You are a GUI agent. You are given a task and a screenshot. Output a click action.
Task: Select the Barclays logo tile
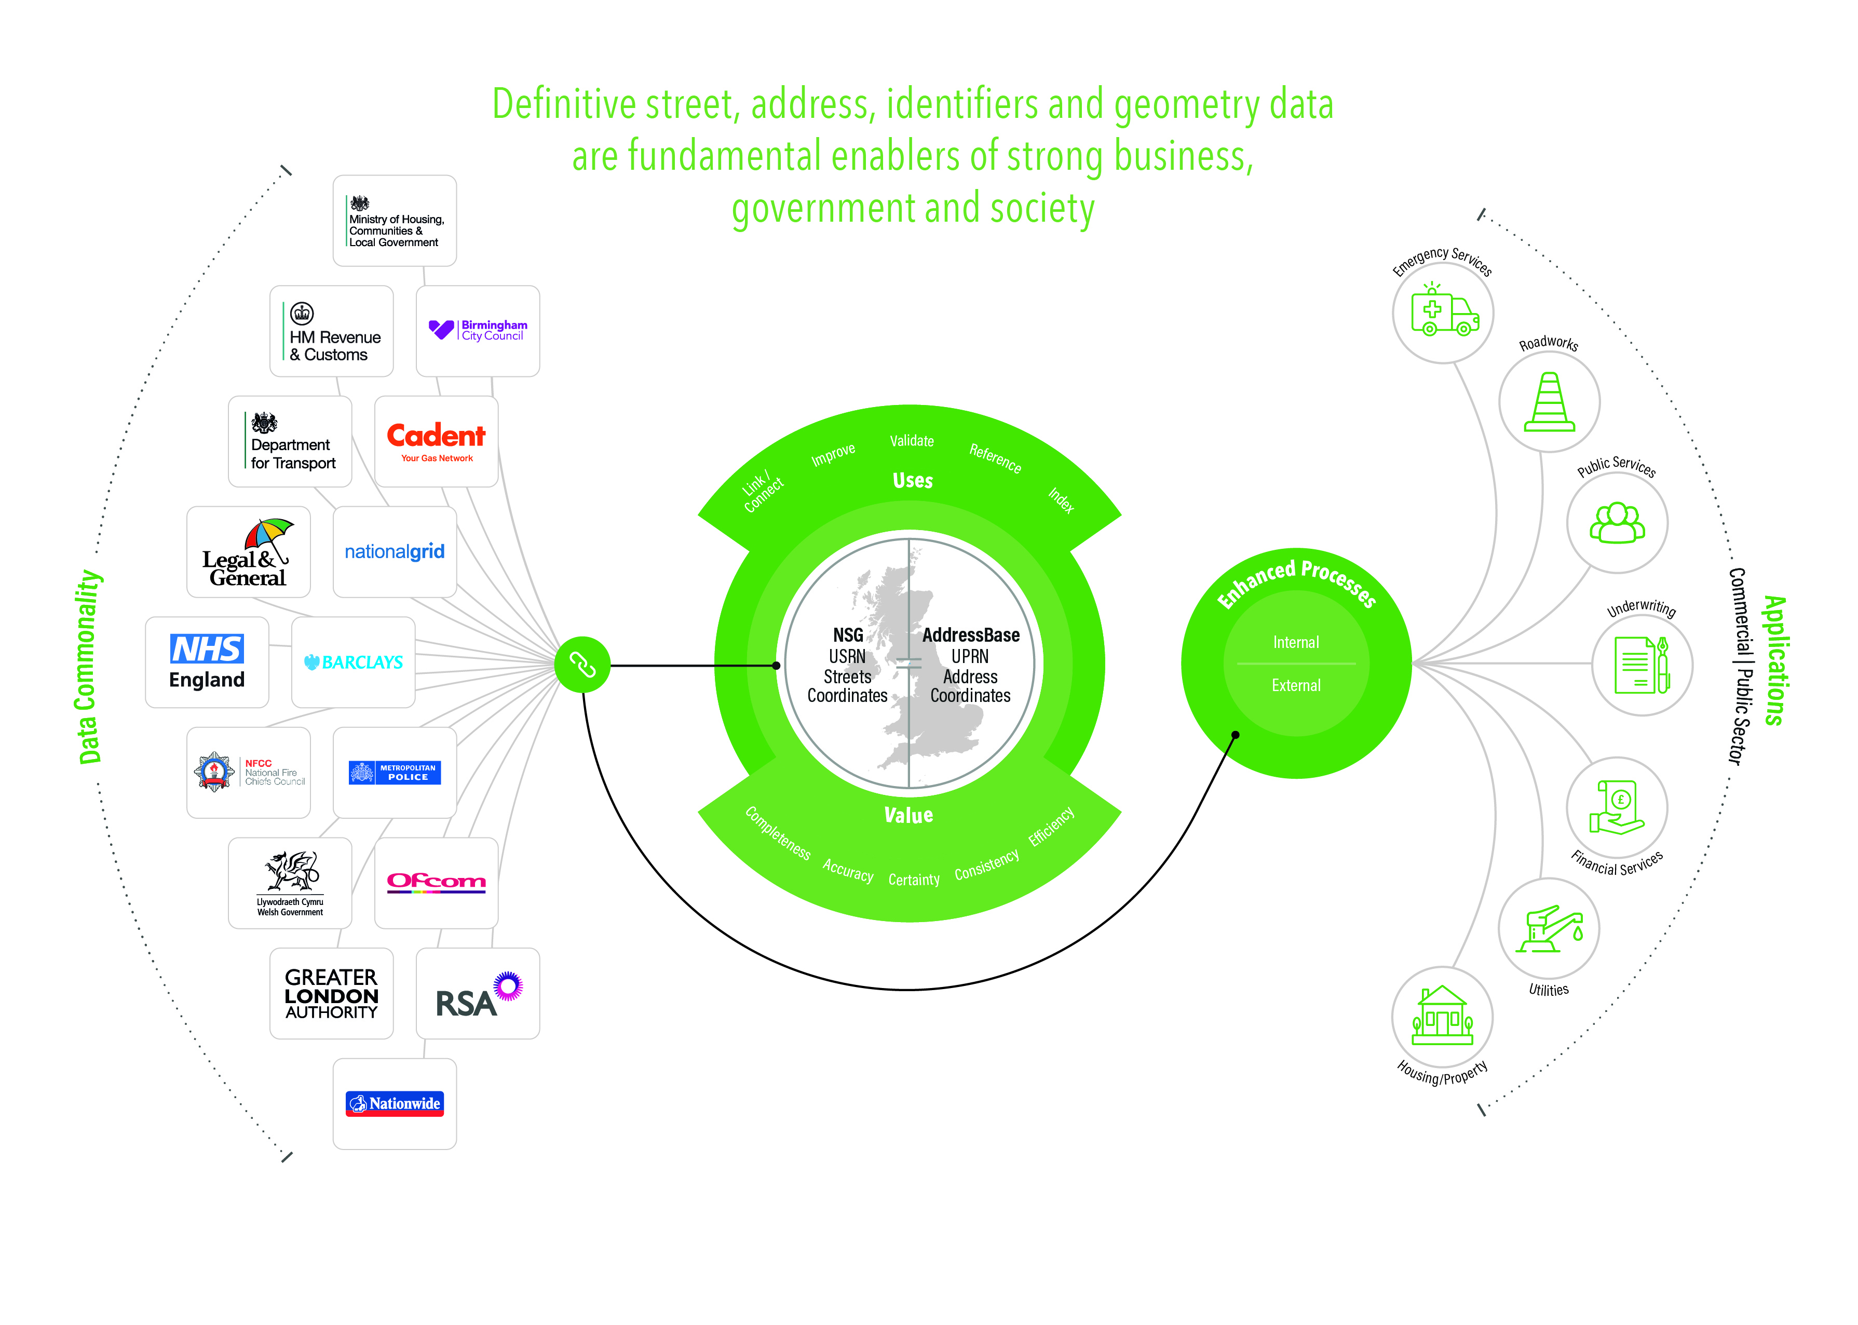[353, 661]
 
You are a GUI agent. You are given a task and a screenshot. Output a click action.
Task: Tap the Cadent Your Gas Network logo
[437, 441]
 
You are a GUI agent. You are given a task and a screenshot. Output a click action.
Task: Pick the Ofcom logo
[437, 882]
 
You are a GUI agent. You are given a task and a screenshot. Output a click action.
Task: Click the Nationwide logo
[395, 1103]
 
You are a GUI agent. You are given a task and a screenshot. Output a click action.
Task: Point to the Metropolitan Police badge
[395, 772]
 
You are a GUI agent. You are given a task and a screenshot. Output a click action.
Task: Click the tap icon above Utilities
[1549, 928]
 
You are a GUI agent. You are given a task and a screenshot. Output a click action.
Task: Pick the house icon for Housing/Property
[1442, 1017]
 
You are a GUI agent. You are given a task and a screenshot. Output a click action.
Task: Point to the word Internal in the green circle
[1296, 642]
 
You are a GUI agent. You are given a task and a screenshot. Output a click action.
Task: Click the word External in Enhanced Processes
[1296, 685]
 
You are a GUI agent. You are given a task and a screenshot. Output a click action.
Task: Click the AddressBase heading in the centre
[971, 635]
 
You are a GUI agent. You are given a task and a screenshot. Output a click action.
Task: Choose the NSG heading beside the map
[847, 635]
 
